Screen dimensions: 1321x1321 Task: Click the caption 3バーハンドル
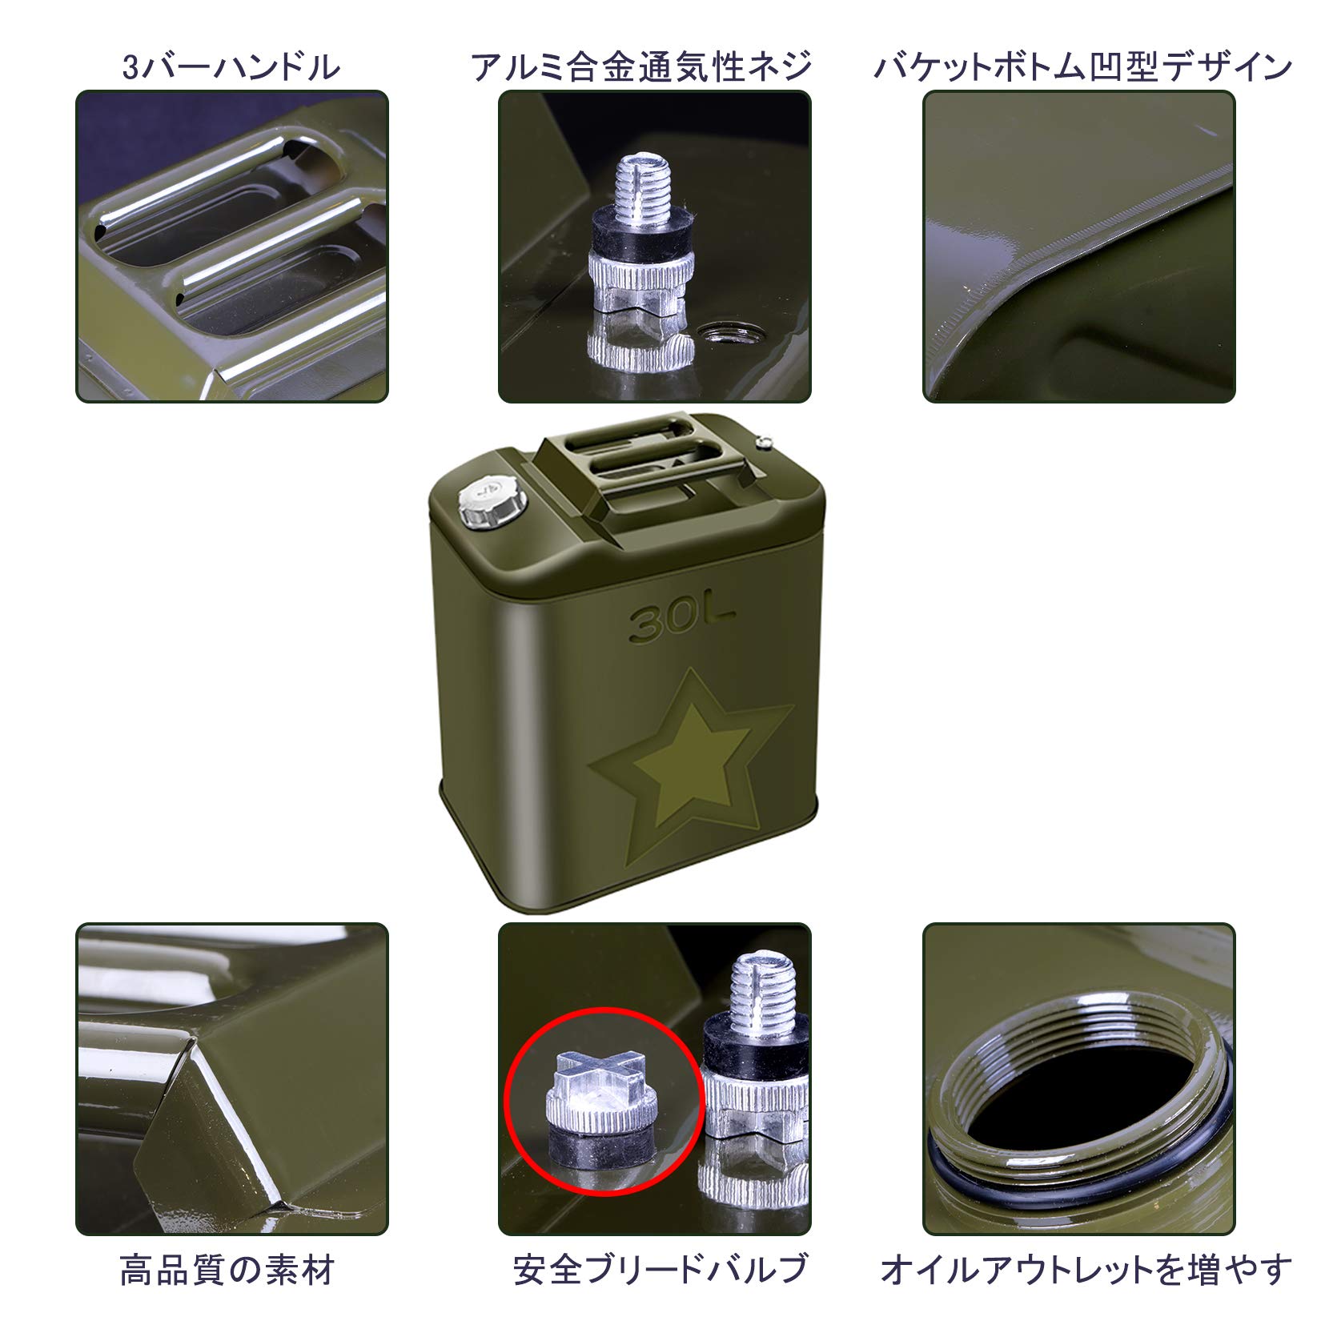(231, 67)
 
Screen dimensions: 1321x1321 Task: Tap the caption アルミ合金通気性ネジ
(641, 67)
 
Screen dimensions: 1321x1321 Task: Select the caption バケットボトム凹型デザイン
(1082, 67)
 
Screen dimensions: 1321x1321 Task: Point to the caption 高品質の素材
(227, 1270)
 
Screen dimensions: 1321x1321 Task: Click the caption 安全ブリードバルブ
(660, 1270)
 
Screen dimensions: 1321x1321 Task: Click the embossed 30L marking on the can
(681, 622)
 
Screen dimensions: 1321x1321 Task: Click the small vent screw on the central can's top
(766, 438)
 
